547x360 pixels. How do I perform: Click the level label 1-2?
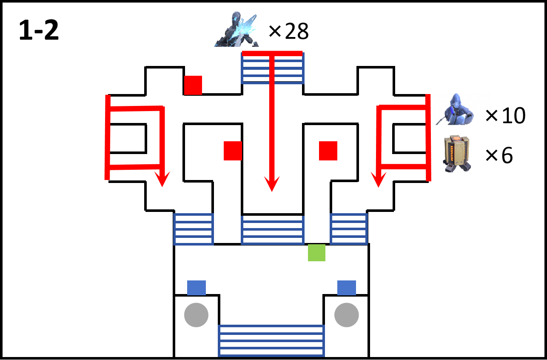(39, 30)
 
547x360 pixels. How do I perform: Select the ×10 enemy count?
(505, 115)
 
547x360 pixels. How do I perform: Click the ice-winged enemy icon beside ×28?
(236, 29)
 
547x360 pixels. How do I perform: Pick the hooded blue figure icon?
(455, 109)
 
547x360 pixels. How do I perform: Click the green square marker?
(316, 252)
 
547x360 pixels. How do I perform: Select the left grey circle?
(197, 315)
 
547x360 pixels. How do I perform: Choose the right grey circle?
(347, 315)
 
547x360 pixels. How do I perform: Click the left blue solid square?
(197, 288)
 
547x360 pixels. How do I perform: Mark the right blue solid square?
(347, 288)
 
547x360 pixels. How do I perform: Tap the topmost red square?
(193, 85)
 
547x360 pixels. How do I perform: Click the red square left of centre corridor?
(233, 151)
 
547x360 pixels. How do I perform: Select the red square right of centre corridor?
(328, 151)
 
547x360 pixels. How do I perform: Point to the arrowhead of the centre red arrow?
(272, 184)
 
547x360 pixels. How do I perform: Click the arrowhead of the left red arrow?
(162, 179)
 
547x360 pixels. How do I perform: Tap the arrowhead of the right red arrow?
(379, 180)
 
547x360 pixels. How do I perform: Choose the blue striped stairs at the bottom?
(271, 341)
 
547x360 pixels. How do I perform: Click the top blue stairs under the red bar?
(273, 68)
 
